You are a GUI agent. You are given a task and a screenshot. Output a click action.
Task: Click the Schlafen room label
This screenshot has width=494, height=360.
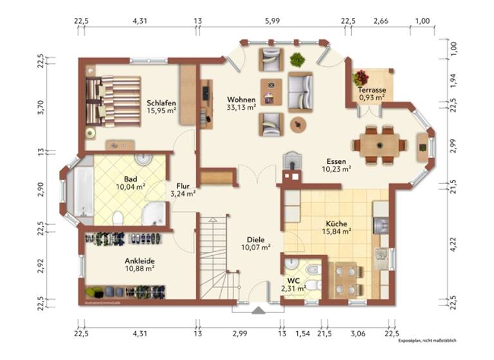point(161,103)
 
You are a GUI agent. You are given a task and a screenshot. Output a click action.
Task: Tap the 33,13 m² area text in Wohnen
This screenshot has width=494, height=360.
point(241,108)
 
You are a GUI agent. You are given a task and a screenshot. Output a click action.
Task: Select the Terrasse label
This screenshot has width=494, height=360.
point(372,91)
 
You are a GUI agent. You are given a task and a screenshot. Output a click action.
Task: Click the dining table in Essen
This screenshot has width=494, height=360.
point(379,145)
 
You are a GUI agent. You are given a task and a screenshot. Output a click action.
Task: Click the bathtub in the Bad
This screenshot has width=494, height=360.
point(82,192)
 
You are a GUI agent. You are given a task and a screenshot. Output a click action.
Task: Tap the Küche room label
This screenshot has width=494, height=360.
point(336,224)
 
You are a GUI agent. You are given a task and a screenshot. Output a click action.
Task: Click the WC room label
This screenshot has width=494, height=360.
point(293,280)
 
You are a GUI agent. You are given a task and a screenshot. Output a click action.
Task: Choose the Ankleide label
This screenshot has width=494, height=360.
point(140,261)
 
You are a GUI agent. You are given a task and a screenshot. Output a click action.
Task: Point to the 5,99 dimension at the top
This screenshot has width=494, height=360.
point(272,21)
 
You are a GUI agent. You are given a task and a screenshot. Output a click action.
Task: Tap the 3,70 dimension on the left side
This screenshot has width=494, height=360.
point(41,107)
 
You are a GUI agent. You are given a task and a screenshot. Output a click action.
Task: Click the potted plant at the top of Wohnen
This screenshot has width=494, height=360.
point(297,60)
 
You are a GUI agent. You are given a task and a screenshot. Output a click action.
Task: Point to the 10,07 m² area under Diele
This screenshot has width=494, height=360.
point(255,247)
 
